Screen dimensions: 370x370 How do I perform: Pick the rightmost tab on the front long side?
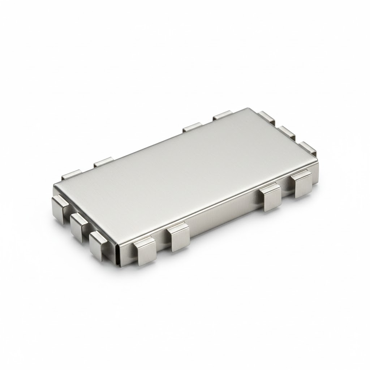coord(303,184)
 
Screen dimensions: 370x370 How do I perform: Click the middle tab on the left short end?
coord(79,224)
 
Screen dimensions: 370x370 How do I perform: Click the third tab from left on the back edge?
coord(192,127)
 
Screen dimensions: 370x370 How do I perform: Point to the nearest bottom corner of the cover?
coord(116,266)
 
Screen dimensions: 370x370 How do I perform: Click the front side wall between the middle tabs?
coord(224,222)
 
